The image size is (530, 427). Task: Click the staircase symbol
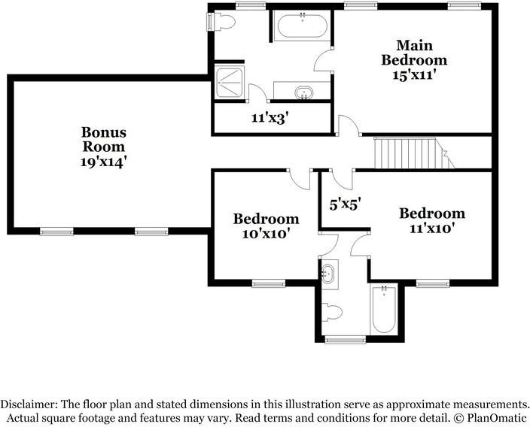click(x=407, y=153)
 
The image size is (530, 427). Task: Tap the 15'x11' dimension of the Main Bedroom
click(x=413, y=75)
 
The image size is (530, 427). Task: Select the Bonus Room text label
click(x=104, y=139)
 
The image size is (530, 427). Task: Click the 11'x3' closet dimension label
click(x=271, y=118)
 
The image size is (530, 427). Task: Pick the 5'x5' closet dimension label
click(x=346, y=202)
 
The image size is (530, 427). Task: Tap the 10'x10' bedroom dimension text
click(x=266, y=234)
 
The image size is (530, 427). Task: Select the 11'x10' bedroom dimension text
click(x=431, y=228)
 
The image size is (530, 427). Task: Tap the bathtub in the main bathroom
click(x=302, y=28)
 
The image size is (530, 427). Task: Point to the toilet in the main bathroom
click(x=224, y=23)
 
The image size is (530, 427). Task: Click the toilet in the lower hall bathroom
click(x=332, y=310)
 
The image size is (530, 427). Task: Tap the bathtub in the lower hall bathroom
click(x=384, y=310)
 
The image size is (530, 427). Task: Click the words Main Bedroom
click(x=413, y=52)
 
